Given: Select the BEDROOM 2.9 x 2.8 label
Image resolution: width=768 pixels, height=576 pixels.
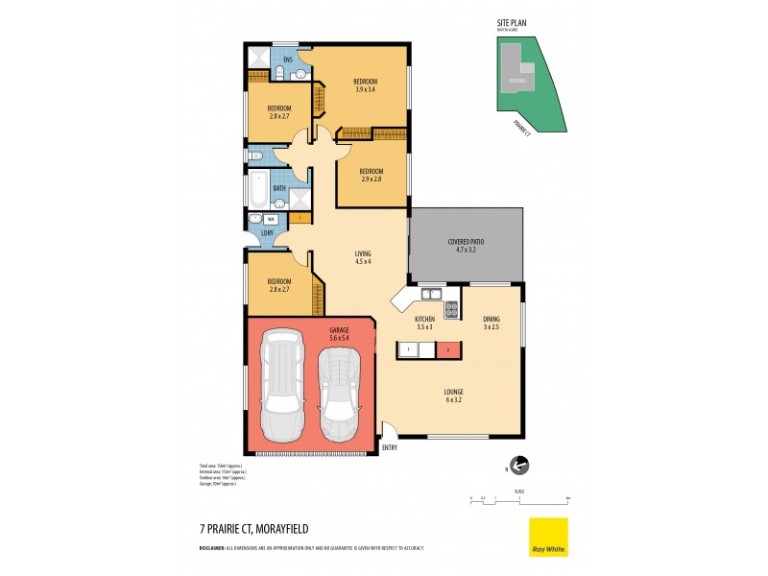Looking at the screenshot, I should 372,176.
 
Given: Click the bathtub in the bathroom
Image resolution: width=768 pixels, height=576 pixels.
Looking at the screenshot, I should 258,189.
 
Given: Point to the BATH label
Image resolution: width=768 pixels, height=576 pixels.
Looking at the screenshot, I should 279,189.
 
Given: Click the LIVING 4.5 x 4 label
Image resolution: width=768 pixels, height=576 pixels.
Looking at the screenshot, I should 363,257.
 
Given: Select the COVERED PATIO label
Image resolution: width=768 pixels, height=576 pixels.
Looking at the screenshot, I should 466,245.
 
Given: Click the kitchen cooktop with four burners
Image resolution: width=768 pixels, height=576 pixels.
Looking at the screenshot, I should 451,310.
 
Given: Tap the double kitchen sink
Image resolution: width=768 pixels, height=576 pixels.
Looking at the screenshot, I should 428,294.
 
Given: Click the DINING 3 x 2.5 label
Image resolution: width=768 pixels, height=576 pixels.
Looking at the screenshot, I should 490,324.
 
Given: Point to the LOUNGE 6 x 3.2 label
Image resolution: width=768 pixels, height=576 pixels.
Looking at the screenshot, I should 454,395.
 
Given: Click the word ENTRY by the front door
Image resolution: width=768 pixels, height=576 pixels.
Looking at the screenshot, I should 389,447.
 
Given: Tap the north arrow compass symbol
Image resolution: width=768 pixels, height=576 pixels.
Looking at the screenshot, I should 519,467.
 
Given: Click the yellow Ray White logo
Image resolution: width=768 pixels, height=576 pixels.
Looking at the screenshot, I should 548,537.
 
